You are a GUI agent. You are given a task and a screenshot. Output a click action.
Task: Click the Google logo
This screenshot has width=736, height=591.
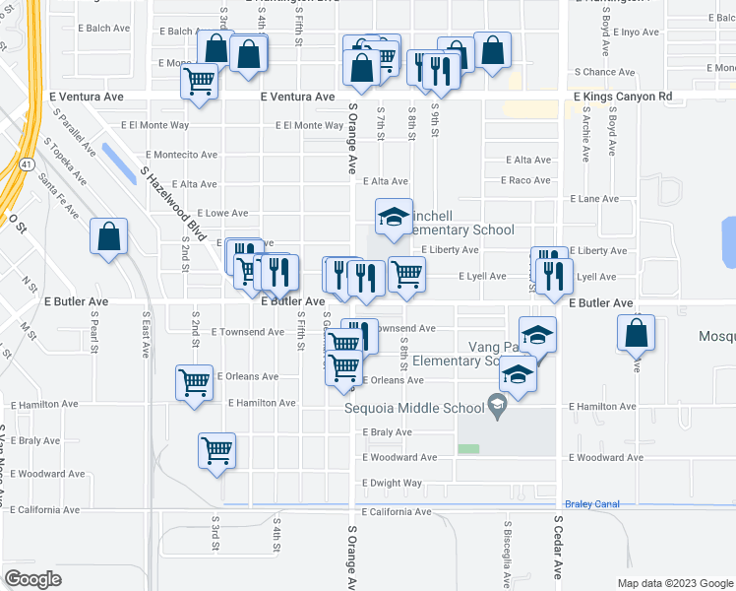33,579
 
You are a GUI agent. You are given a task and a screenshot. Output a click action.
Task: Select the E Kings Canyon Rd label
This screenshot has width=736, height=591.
623,97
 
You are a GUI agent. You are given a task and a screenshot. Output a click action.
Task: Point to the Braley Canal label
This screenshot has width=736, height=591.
592,504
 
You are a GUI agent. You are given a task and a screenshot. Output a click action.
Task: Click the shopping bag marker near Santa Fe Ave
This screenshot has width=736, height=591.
108,237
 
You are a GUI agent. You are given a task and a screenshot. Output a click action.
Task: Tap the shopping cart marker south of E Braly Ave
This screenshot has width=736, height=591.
217,452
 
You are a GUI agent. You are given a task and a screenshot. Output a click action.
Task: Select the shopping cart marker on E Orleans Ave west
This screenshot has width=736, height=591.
194,383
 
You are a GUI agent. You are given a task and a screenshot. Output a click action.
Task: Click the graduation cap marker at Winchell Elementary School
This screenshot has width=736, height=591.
394,218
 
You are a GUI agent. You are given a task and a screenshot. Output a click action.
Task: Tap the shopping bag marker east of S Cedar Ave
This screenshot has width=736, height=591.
637,334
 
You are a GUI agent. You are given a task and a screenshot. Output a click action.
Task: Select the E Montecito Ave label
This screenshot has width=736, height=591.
181,155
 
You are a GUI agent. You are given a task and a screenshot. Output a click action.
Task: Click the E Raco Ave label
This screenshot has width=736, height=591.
529,180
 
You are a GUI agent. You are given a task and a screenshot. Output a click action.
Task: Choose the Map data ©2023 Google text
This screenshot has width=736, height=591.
673,583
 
